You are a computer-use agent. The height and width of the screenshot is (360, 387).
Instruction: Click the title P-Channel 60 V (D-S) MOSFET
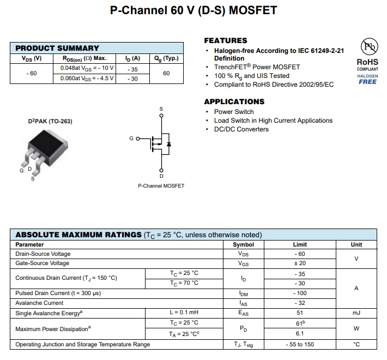(194, 10)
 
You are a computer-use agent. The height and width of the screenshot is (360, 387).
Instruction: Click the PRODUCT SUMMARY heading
(57, 48)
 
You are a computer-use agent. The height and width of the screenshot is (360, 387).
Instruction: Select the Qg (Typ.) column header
(166, 58)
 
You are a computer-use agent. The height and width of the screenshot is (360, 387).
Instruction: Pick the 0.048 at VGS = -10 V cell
(87, 68)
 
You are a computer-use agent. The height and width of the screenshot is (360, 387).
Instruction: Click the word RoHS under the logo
(367, 62)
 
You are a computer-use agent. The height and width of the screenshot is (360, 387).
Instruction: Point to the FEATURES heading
(225, 40)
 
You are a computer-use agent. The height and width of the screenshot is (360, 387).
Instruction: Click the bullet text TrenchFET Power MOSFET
(257, 67)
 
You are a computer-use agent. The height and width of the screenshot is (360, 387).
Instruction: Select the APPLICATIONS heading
(234, 101)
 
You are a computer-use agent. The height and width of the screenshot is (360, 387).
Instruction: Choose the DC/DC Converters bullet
(241, 129)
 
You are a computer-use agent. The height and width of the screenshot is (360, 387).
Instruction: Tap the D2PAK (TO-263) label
(50, 121)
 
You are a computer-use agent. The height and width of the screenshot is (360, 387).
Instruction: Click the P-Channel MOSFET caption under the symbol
(161, 186)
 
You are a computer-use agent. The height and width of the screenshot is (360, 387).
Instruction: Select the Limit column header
(299, 245)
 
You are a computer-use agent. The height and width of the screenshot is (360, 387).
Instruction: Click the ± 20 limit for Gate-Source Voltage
(299, 263)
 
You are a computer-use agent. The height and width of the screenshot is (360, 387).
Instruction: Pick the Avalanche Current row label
(39, 303)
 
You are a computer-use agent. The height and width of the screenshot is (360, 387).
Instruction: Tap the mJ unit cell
(356, 313)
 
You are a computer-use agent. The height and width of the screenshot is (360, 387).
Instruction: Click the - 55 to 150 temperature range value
(299, 345)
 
